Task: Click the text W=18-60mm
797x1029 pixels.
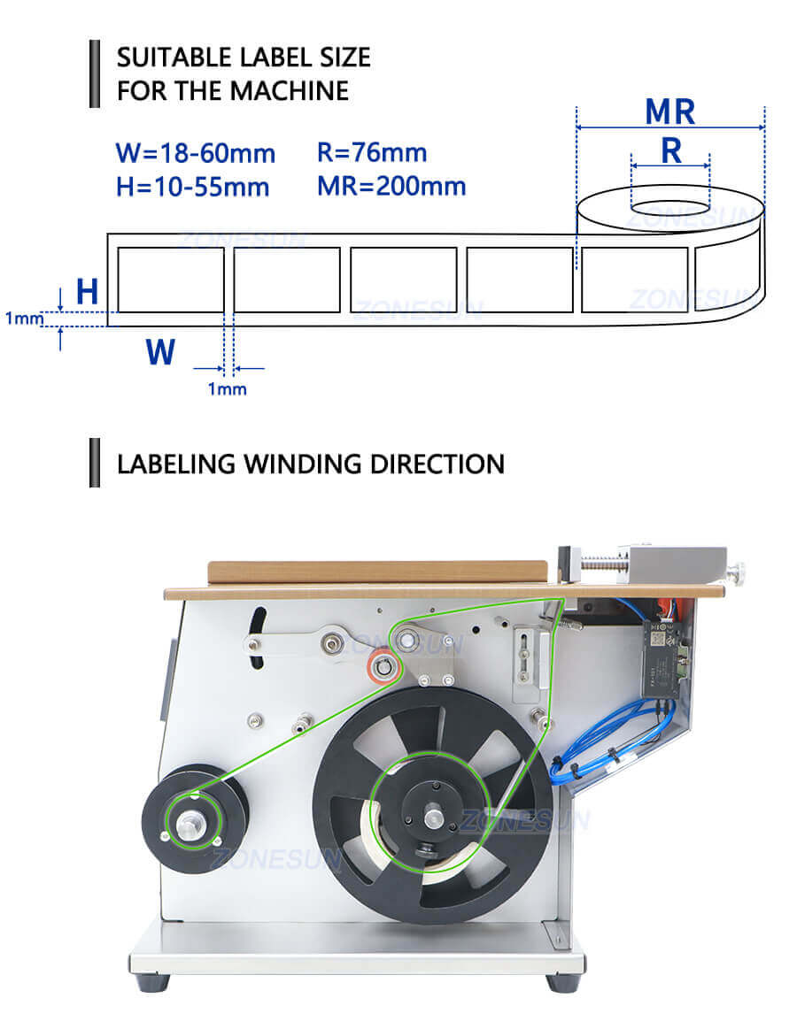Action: pyautogui.click(x=195, y=153)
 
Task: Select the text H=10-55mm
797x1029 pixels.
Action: pyautogui.click(x=192, y=187)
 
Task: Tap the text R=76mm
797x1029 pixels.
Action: pyautogui.click(x=372, y=152)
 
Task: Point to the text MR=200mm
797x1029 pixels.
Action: pyautogui.click(x=391, y=186)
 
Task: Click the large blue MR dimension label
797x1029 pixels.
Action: pyautogui.click(x=669, y=112)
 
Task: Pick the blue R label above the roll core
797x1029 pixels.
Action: pyautogui.click(x=671, y=151)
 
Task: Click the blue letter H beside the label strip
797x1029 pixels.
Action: pyautogui.click(x=87, y=292)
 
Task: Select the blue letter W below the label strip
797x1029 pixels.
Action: pyautogui.click(x=160, y=351)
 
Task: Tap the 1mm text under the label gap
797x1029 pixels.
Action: pyautogui.click(x=228, y=389)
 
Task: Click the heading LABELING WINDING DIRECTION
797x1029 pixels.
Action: pyautogui.click(x=311, y=463)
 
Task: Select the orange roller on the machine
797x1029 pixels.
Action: pyautogui.click(x=383, y=666)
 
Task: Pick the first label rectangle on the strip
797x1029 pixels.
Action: pyautogui.click(x=171, y=280)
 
